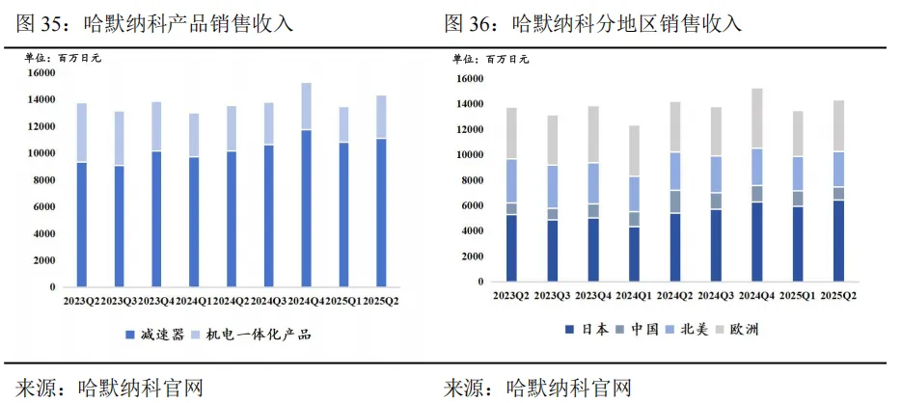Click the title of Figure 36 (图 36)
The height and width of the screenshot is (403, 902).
pos(599,21)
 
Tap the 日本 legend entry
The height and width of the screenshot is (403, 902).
pos(588,330)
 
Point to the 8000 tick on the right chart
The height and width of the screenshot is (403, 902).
pos(468,180)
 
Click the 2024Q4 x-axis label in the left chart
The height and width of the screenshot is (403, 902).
pos(306,301)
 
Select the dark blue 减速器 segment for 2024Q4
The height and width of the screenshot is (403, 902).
pos(306,207)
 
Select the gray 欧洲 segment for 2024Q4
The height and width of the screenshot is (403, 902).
pos(757,119)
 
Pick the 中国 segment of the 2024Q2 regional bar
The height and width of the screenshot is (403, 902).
pos(675,201)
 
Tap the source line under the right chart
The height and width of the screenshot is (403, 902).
pos(537,388)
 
